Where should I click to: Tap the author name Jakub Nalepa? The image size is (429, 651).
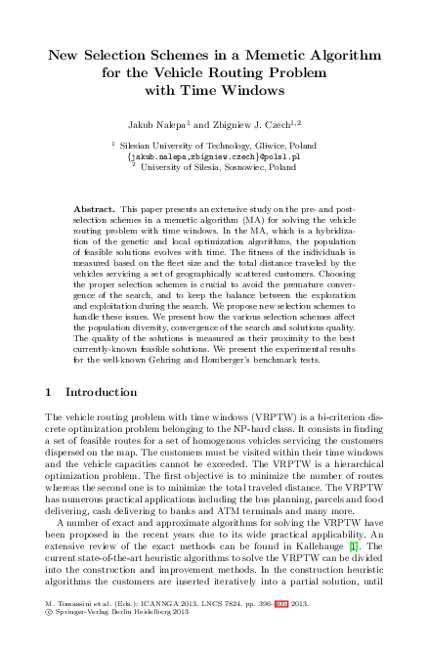coord(177,126)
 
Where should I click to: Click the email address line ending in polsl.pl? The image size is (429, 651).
coord(214,155)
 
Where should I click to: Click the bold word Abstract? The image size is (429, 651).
coord(94,211)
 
